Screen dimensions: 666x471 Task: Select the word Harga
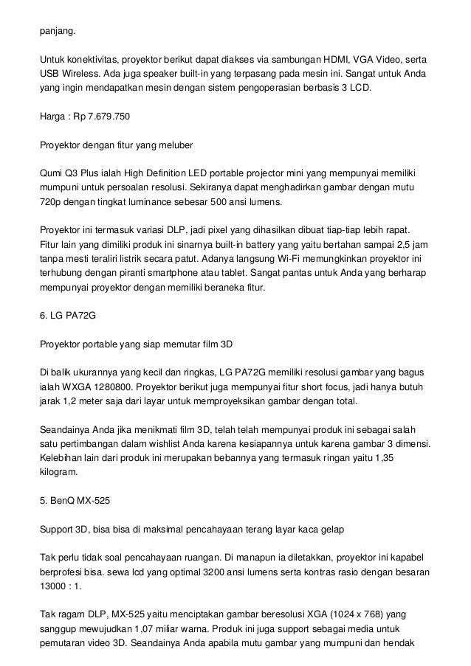54,117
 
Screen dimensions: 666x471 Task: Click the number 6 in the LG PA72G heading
42,316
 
